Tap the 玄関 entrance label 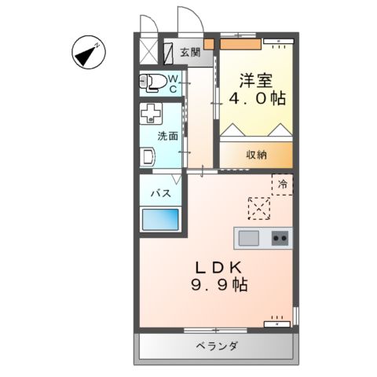(x=188, y=53)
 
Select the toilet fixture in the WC (x=154, y=82)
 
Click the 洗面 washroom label (x=167, y=135)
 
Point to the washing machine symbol (x=150, y=116)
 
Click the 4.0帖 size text (x=257, y=100)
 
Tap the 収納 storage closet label (x=256, y=154)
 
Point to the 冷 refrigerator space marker (x=282, y=184)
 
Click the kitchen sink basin (x=248, y=238)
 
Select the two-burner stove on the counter (x=280, y=238)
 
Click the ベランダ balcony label (x=217, y=346)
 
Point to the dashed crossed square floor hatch (x=259, y=207)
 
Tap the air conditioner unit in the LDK (x=276, y=321)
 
